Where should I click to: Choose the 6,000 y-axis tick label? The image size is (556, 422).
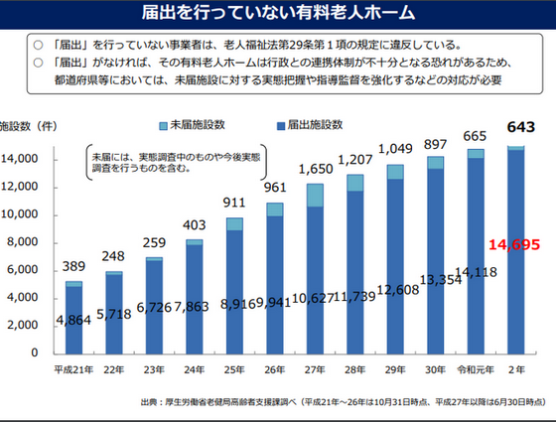pos(23,270)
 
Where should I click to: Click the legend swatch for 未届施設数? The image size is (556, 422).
pos(164,127)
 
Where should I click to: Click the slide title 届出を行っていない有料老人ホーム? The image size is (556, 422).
pos(278,14)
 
